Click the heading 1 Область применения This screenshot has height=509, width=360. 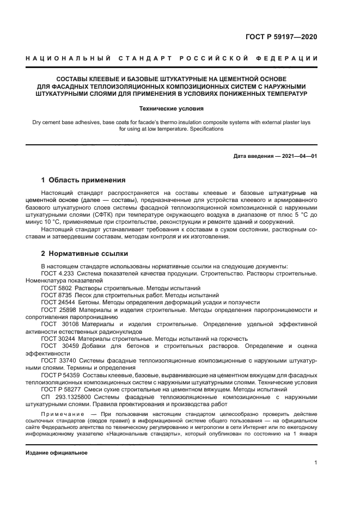click(84, 180)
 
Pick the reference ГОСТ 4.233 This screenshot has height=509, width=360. click(57, 273)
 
